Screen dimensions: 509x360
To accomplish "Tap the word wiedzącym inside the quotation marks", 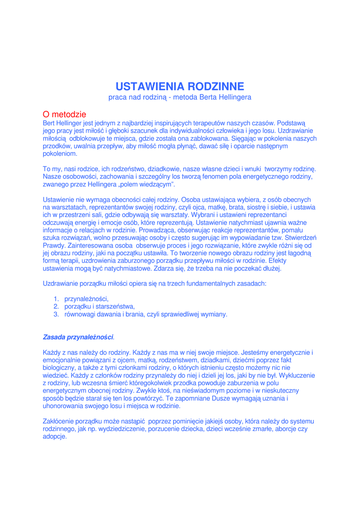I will (157, 184).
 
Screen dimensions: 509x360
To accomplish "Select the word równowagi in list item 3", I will (81, 314).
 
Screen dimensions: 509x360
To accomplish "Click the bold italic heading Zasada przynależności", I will (79, 338).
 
